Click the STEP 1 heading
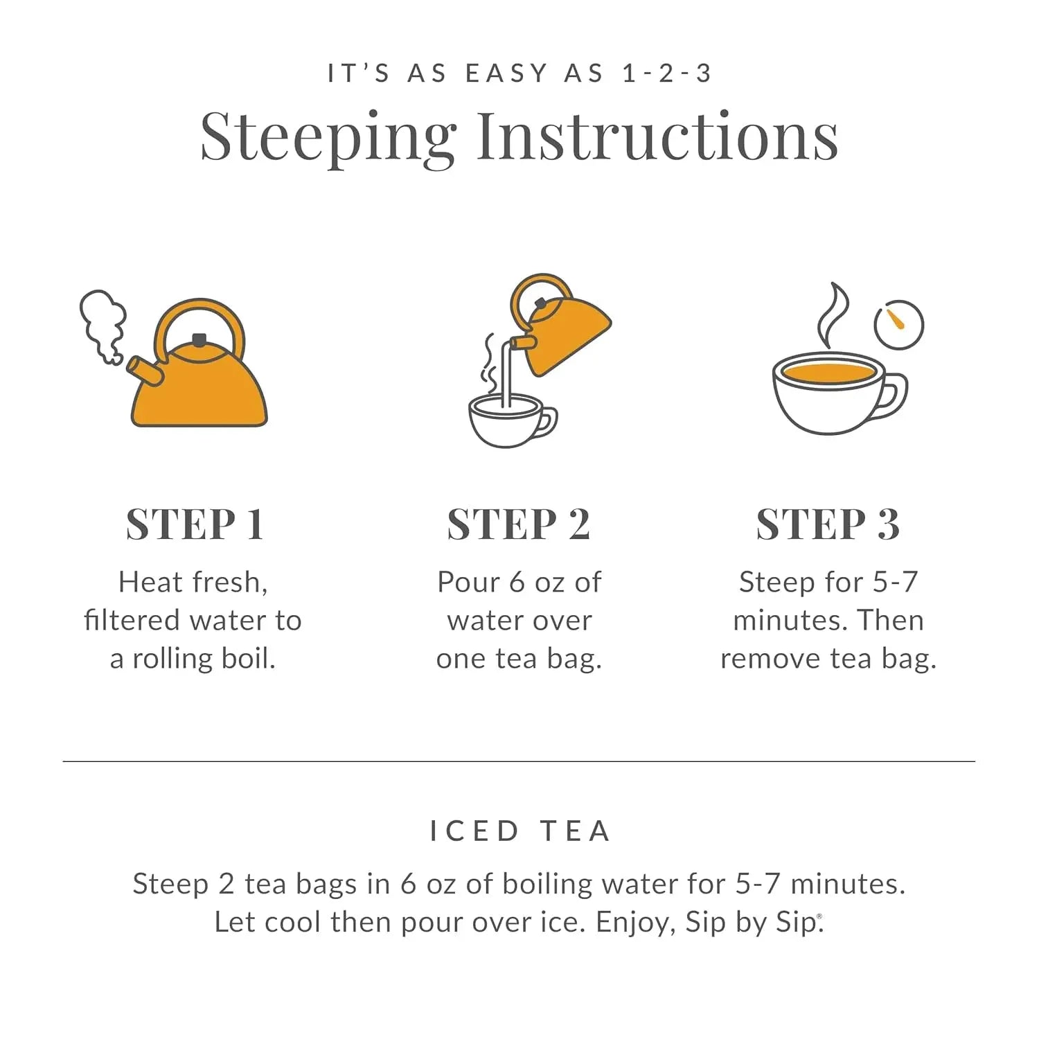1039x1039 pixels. [195, 524]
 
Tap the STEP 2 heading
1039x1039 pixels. [518, 524]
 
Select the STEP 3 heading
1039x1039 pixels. [828, 524]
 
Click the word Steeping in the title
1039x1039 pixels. [328, 136]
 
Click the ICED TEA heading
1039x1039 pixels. [519, 831]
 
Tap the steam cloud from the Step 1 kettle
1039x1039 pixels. [104, 322]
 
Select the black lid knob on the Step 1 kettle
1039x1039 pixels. [199, 339]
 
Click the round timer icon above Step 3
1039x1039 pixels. [898, 324]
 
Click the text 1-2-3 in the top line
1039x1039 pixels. [666, 73]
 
